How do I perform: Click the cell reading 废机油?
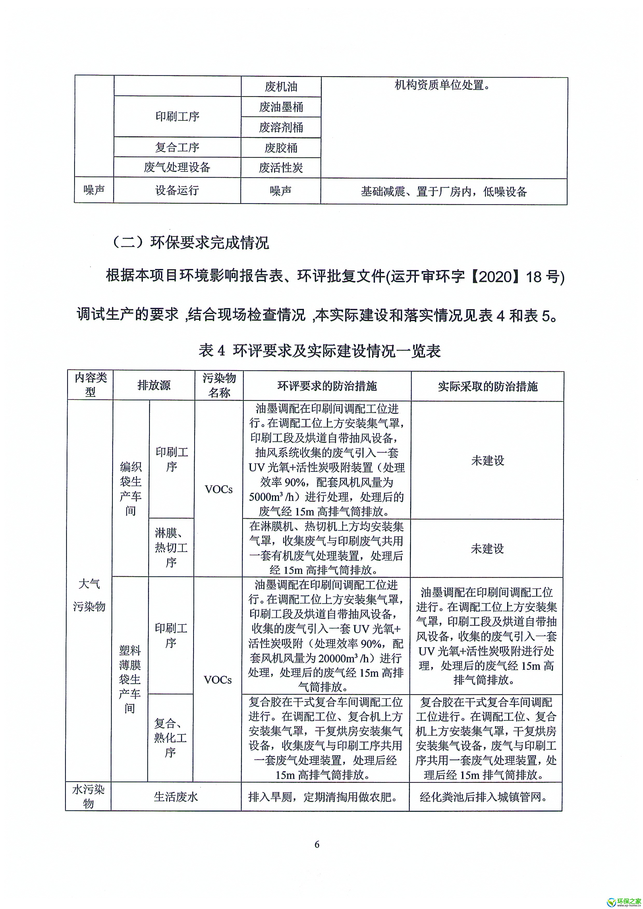click(x=281, y=87)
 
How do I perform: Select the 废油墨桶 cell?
click(x=281, y=107)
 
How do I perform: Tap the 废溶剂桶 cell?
click(x=281, y=127)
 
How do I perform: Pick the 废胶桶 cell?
click(x=281, y=148)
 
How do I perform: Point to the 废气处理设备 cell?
click(x=177, y=167)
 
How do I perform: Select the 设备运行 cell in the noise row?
click(x=177, y=190)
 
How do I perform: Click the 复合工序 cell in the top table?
click(x=177, y=147)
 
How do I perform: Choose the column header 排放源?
click(x=154, y=385)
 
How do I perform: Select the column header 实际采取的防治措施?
click(x=487, y=386)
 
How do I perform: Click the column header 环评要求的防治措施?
click(x=327, y=386)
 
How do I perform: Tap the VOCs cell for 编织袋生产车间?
click(x=218, y=489)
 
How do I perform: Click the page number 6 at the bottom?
click(x=317, y=844)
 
